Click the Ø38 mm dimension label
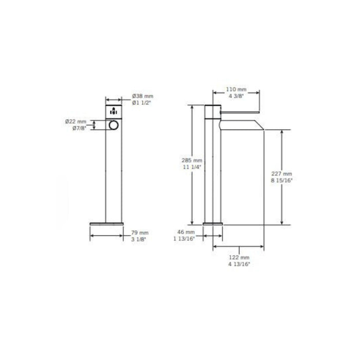point(142,96)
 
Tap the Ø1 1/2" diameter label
point(142,103)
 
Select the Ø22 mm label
point(76,121)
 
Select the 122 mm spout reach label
point(239,257)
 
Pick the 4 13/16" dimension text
point(239,263)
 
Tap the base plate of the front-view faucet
point(107,223)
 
